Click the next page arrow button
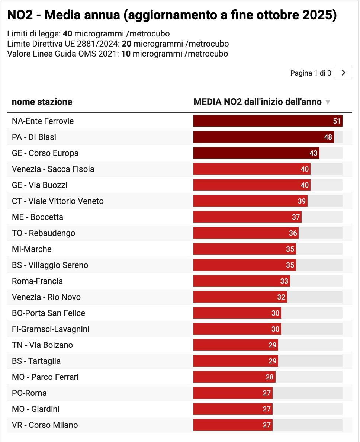(343, 73)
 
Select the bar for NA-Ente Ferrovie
(267, 121)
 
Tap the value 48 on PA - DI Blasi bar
(328, 137)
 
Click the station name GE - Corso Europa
(45, 153)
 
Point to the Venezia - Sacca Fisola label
(53, 169)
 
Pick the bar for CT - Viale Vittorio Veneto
(250, 201)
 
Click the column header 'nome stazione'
(42, 102)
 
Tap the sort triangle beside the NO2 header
(328, 102)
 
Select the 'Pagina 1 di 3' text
(311, 73)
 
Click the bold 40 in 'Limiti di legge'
(67, 34)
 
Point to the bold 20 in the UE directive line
(126, 44)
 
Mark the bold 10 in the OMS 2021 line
(126, 54)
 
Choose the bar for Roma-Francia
(241, 281)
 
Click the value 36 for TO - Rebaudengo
(293, 233)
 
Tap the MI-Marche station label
(32, 249)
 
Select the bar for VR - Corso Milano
(233, 425)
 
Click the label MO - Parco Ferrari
(45, 377)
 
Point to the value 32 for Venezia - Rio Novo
(281, 297)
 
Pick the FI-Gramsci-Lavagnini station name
(51, 329)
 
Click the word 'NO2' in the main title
(21, 15)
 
